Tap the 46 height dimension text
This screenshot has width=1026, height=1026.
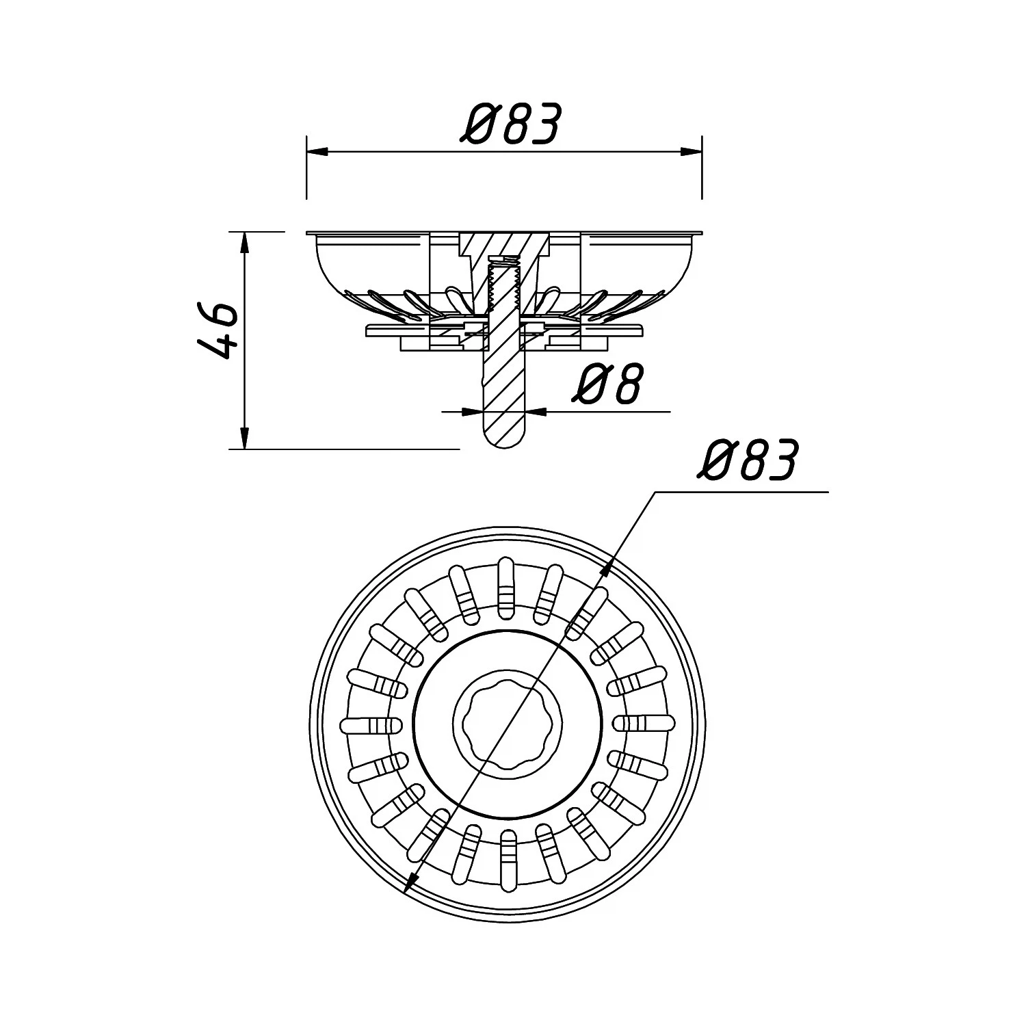pos(218,331)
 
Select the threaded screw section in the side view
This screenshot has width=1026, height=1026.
pos(504,287)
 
